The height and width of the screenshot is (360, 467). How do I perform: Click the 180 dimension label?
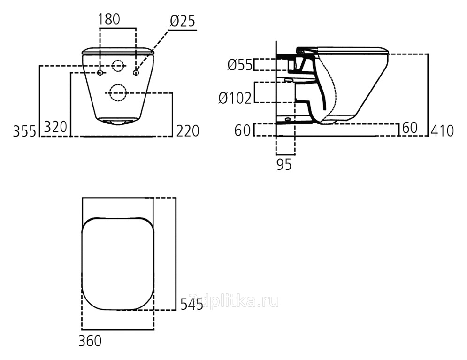click(x=109, y=19)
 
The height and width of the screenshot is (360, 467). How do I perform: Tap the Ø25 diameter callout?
click(x=183, y=21)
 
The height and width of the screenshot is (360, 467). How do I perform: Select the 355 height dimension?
click(x=24, y=131)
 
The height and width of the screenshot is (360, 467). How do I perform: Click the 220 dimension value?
click(x=188, y=131)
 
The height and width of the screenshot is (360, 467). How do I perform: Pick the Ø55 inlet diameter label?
click(x=240, y=65)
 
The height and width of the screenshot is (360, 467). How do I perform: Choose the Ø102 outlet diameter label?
click(x=235, y=98)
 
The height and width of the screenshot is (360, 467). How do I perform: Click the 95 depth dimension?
click(x=284, y=164)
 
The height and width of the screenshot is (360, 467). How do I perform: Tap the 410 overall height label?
click(x=442, y=131)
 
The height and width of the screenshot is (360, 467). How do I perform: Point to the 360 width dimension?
click(x=90, y=341)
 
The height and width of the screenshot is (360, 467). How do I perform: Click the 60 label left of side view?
click(x=243, y=130)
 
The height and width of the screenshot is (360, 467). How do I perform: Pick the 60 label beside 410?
click(x=410, y=128)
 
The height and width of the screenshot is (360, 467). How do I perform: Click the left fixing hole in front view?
click(x=100, y=73)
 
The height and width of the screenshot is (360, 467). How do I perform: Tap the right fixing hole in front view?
click(x=136, y=73)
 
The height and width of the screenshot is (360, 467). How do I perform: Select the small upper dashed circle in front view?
click(x=118, y=66)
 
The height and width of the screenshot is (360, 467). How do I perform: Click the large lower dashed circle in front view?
click(x=118, y=93)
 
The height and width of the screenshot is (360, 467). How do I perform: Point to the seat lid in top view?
click(x=118, y=263)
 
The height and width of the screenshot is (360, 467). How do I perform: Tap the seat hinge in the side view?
click(x=300, y=51)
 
